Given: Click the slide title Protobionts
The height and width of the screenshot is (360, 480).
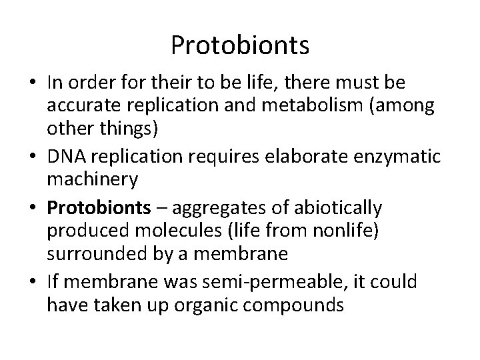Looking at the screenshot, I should (x=240, y=45).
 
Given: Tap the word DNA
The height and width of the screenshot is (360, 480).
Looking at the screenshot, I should (x=63, y=156).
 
